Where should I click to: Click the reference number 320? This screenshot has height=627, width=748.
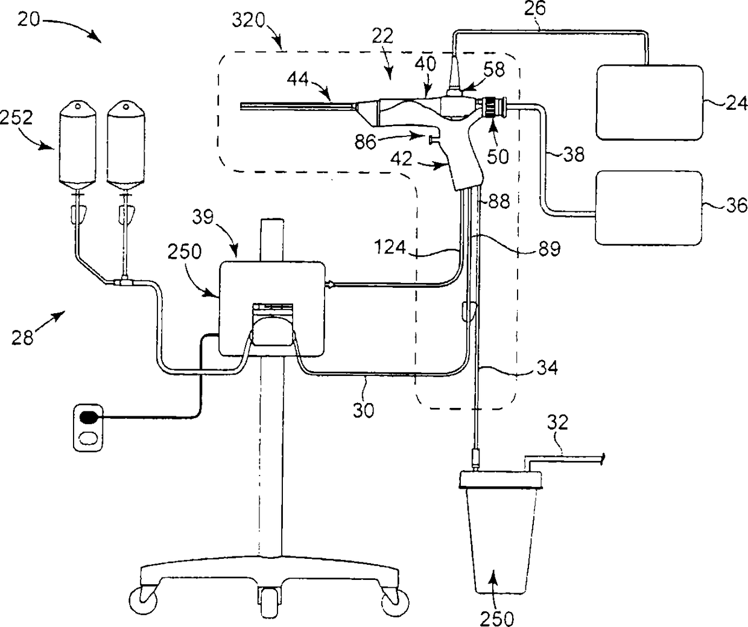(249, 21)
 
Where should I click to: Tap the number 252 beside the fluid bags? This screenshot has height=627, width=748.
(16, 117)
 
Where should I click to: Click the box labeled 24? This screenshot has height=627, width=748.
(650, 102)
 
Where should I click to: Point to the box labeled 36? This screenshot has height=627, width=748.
(648, 208)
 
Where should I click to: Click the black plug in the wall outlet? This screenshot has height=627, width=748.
(89, 418)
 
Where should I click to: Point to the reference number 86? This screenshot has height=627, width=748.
(365, 142)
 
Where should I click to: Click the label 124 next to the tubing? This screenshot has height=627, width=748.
(390, 247)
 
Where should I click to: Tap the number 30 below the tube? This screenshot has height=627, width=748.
(363, 410)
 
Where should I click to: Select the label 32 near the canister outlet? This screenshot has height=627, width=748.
(557, 422)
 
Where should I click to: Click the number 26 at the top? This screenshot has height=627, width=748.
(535, 8)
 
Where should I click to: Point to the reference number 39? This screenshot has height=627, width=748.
(203, 217)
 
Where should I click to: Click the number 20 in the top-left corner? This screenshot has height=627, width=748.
(29, 20)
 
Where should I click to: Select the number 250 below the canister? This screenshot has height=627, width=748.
(497, 619)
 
